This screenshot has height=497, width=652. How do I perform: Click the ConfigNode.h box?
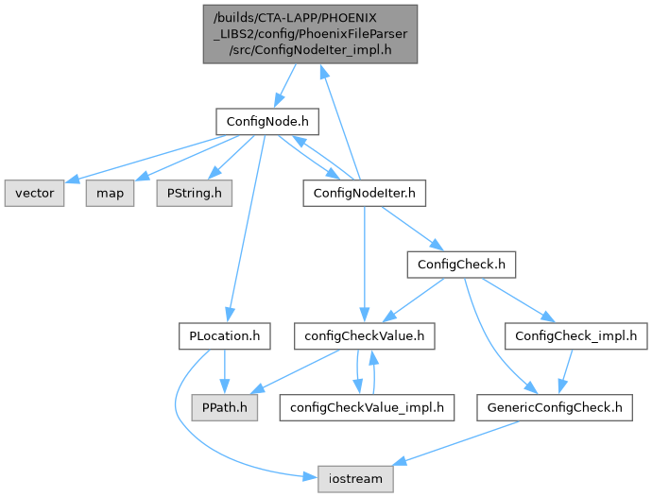[x=264, y=122]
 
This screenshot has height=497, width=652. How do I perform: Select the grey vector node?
[x=33, y=194]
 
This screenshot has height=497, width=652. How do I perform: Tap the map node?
[x=109, y=194]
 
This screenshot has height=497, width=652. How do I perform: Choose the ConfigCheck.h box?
[x=460, y=264]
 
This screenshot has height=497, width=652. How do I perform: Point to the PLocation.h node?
[x=224, y=334]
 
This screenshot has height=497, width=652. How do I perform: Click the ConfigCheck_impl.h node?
[x=575, y=334]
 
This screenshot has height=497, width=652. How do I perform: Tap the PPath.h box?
[x=223, y=407]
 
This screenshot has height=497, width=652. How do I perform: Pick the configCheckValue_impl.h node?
[x=367, y=407]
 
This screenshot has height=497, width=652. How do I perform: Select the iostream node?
[x=354, y=478]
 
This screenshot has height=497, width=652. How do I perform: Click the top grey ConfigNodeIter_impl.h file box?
[x=307, y=34]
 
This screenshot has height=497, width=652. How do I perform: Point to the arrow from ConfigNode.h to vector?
[x=151, y=156]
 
